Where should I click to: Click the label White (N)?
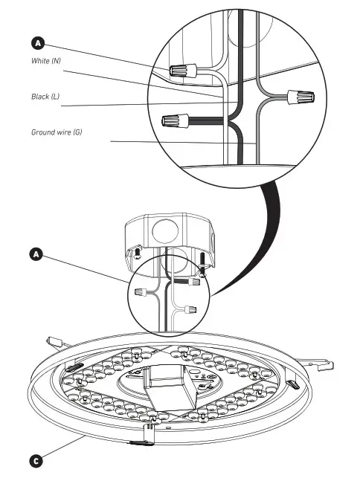[46, 60]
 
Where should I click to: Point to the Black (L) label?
[45, 97]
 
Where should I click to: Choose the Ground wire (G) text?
[57, 132]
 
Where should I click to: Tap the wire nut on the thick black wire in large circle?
[173, 119]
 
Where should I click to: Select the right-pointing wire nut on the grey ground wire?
[301, 97]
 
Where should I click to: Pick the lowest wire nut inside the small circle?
[190, 307]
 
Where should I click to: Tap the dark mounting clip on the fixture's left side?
[76, 366]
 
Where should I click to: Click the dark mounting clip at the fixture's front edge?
[139, 442]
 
